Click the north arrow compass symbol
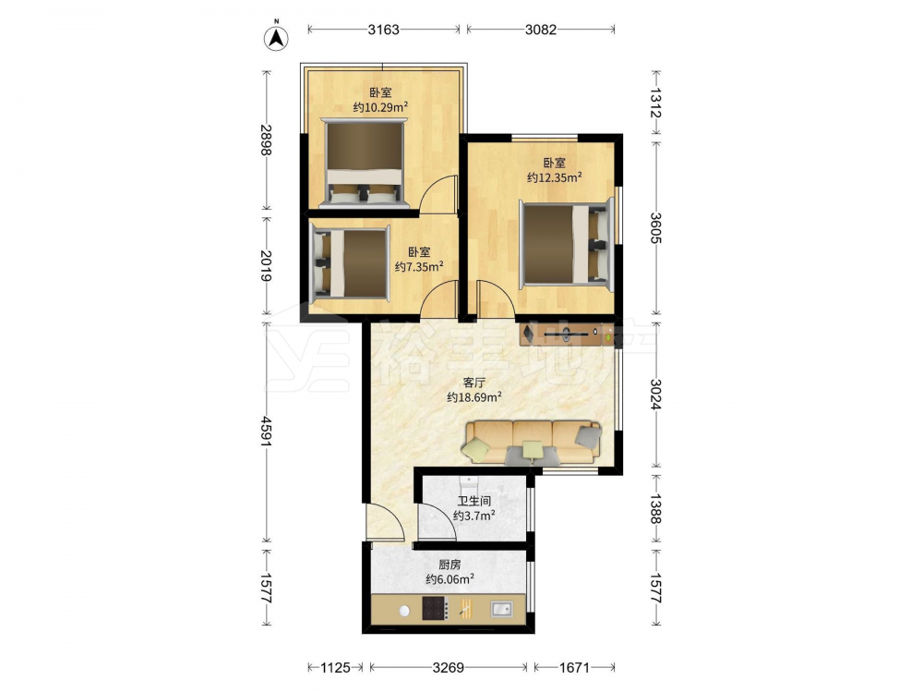[x=276, y=37]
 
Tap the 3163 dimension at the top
[x=384, y=30]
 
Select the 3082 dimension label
[x=540, y=30]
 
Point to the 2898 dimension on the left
[x=267, y=140]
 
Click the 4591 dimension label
[x=267, y=432]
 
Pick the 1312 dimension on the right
[x=655, y=103]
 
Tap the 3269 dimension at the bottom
[x=448, y=668]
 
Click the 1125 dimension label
[x=335, y=668]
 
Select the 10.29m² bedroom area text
[x=380, y=107]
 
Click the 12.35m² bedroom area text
[x=555, y=177]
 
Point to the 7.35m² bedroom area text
[x=418, y=267]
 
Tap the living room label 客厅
[x=473, y=383]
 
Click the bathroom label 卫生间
[x=473, y=502]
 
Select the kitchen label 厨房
[x=450, y=565]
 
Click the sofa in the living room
[x=533, y=442]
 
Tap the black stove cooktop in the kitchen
[x=436, y=608]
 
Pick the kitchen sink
[x=501, y=608]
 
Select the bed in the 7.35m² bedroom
[x=350, y=262]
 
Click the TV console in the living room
[x=567, y=334]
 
